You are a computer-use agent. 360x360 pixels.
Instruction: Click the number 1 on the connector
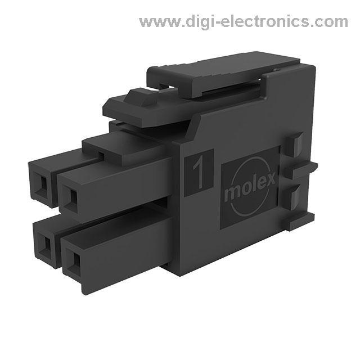point(199,173)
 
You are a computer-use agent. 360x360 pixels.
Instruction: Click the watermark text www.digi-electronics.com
point(244,22)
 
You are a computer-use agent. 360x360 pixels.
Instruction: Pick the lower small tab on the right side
point(296,197)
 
